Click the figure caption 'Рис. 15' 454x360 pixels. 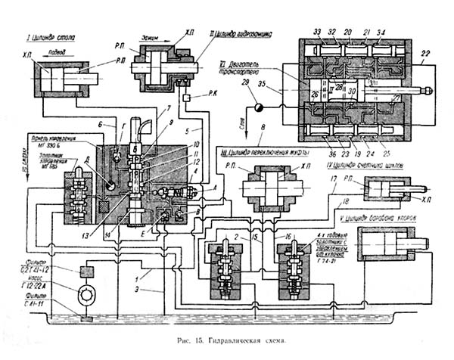coord(207,342)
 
